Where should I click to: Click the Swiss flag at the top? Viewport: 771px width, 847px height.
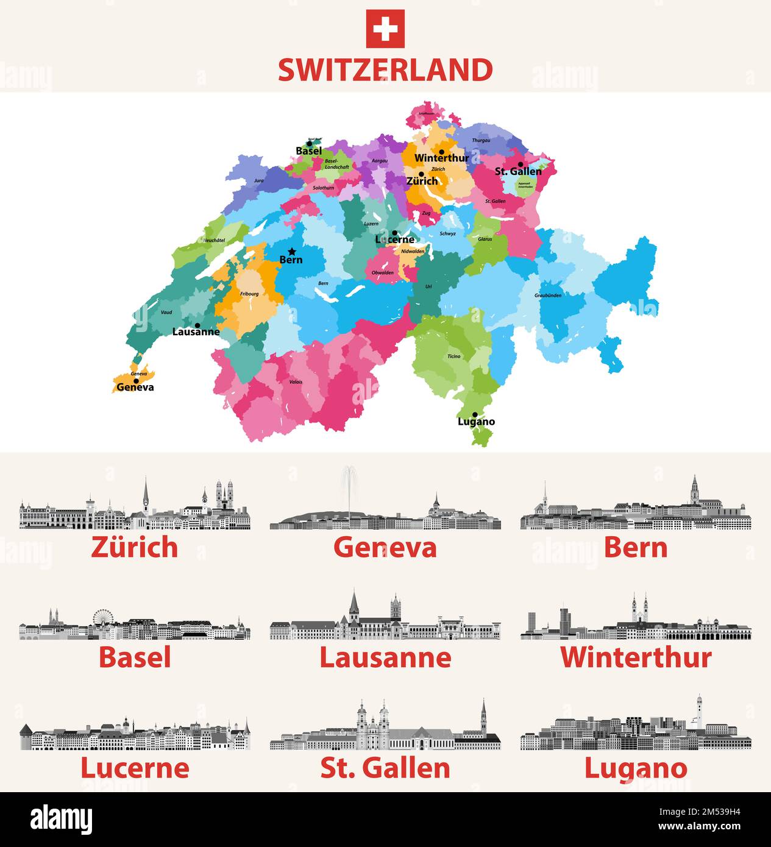click(385, 29)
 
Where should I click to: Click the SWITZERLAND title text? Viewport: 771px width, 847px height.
click(385, 70)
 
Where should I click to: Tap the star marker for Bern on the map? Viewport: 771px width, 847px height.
click(292, 251)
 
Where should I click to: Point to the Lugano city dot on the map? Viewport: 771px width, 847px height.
click(475, 414)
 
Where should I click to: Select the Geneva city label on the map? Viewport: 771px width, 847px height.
click(135, 388)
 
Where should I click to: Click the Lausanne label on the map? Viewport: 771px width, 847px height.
click(196, 332)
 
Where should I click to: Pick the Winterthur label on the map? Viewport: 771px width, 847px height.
click(442, 158)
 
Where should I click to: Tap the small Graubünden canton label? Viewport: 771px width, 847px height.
click(548, 296)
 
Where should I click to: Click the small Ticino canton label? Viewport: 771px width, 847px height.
click(454, 356)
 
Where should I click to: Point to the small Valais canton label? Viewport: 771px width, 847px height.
click(295, 383)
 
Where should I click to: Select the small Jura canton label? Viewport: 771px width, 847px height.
click(259, 181)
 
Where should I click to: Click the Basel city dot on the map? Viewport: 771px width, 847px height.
click(309, 144)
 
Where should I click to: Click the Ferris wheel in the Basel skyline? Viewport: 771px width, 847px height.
click(102, 617)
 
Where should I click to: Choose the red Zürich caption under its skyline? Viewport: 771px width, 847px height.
click(135, 547)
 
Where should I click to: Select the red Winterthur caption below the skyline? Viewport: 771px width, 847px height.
click(636, 657)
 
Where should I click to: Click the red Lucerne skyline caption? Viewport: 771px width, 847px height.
click(135, 768)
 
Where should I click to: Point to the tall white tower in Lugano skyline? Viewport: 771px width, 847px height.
click(699, 710)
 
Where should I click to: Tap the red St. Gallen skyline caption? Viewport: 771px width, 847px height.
click(385, 768)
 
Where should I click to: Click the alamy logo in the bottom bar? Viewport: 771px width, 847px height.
click(61, 820)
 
